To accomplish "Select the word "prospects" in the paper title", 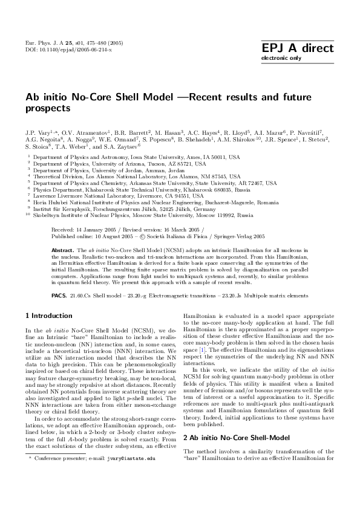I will (x=48, y=109).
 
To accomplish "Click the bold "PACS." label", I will (x=59, y=296).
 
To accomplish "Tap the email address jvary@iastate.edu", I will (x=123, y=493).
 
